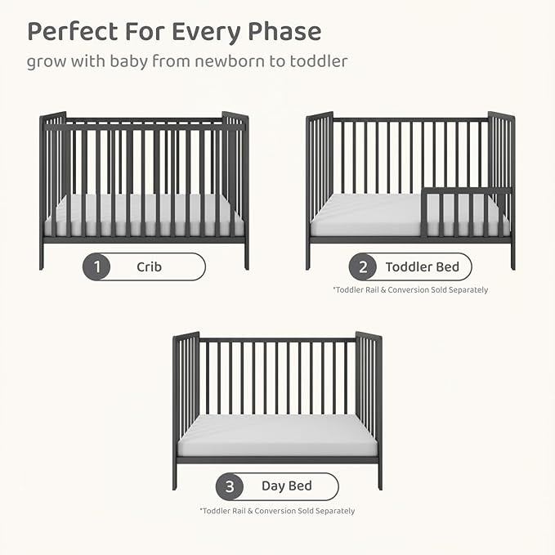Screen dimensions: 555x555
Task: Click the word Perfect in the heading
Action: [73, 31]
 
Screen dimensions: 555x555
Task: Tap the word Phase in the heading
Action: [284, 31]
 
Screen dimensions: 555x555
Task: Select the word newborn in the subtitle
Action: [230, 61]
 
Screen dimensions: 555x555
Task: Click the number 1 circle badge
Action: [96, 266]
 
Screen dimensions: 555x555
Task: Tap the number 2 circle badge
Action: [363, 266]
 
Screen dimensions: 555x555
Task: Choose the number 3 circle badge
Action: [230, 486]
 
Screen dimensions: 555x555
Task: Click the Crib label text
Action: [150, 266]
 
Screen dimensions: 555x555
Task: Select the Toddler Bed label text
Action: [423, 266]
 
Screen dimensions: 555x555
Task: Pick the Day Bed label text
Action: [287, 486]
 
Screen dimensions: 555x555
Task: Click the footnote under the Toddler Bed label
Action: [410, 290]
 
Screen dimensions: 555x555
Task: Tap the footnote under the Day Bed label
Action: [277, 511]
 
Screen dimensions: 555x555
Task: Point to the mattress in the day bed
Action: [277, 436]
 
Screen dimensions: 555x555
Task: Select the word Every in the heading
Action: [207, 33]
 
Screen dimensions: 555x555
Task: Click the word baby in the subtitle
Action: [129, 61]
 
